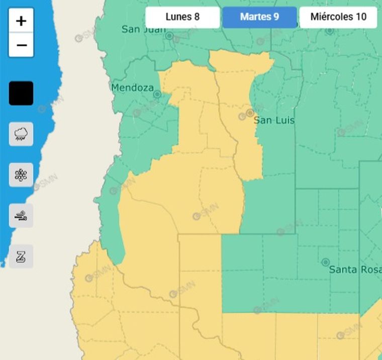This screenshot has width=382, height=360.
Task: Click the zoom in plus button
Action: (x=21, y=21)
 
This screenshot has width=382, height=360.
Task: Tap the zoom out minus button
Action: (x=21, y=45)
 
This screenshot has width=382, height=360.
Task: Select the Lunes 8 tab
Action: (x=182, y=17)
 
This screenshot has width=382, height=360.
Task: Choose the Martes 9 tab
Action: (x=259, y=17)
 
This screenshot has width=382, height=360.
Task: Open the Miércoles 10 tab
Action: (x=338, y=17)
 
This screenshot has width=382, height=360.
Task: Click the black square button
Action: (x=21, y=93)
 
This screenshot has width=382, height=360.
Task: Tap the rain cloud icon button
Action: (x=21, y=134)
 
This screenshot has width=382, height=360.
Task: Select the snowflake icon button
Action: (x=21, y=174)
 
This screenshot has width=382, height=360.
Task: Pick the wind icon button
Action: (x=21, y=216)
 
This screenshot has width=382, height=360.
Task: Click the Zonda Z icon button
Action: (x=21, y=256)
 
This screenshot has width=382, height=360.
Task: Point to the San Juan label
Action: (x=143, y=29)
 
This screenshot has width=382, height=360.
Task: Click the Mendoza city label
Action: (x=132, y=88)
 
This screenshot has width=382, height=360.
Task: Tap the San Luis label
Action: (x=274, y=121)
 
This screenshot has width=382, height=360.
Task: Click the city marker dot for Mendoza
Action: (x=157, y=94)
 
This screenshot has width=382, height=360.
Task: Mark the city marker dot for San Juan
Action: (x=169, y=36)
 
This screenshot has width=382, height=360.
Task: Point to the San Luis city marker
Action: (x=250, y=113)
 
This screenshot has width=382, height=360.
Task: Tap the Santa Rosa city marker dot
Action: (x=326, y=262)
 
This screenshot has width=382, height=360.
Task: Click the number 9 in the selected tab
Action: (x=276, y=17)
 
